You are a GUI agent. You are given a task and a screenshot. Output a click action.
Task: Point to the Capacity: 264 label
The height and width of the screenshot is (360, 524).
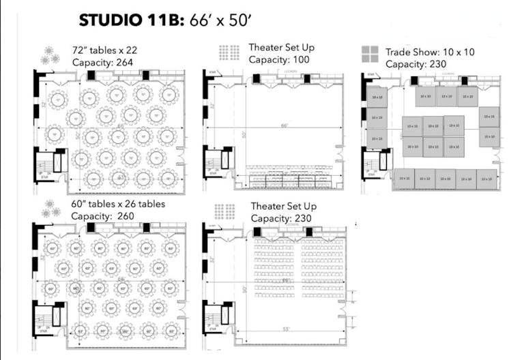[102, 62]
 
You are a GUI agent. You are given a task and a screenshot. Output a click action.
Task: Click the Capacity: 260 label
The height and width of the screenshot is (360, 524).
[103, 216]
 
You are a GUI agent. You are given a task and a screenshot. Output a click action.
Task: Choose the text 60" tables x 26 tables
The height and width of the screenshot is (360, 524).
[118, 204]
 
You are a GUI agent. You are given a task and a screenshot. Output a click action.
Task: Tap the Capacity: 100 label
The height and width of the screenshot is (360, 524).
[279, 59]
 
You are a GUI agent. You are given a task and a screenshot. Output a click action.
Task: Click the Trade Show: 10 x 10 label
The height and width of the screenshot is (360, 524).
[431, 52]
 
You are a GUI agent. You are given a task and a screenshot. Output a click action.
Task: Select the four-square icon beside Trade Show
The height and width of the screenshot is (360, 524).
[370, 55]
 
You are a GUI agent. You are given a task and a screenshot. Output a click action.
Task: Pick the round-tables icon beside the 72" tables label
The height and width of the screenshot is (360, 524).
[50, 55]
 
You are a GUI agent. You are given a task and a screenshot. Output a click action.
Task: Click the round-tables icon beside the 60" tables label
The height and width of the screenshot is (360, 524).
[50, 209]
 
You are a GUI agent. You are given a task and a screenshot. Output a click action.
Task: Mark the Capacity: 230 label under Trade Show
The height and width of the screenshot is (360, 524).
[416, 64]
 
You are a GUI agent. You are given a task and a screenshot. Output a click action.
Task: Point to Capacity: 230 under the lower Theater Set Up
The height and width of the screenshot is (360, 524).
[281, 218]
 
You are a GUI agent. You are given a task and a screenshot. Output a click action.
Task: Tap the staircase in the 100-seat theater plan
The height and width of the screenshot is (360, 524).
[214, 164]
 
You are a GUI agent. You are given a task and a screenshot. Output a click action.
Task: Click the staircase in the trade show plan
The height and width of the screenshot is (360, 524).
[372, 164]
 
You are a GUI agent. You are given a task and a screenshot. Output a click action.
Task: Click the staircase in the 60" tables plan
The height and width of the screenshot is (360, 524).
[44, 316]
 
